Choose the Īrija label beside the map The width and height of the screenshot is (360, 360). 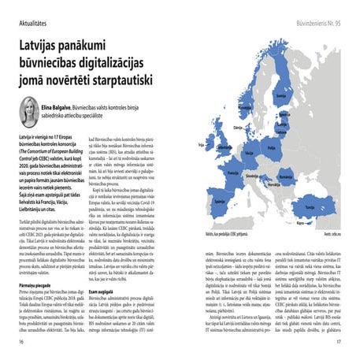pyautogui.click(x=202, y=145)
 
